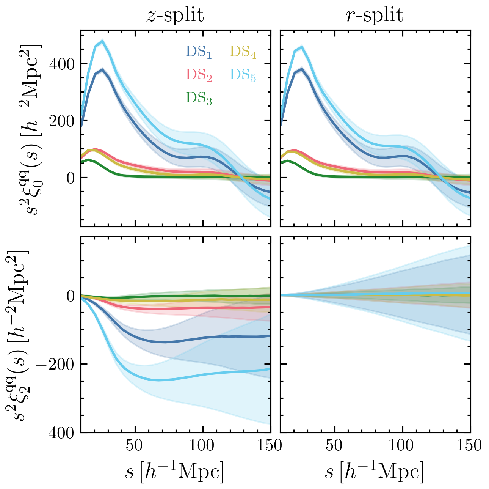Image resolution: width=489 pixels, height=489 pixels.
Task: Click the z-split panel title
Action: tap(175, 16)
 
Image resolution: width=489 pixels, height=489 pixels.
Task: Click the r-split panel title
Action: tap(375, 16)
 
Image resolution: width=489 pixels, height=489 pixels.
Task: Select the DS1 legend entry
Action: tap(198, 52)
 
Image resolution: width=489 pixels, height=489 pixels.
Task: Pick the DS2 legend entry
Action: tap(199, 75)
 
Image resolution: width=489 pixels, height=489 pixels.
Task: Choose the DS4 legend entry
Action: tap(243, 52)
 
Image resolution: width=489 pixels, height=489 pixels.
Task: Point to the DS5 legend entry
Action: tap(243, 75)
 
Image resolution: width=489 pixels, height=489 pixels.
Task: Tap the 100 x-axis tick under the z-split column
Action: tap(203, 445)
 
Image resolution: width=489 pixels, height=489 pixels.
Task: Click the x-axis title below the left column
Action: tap(175, 472)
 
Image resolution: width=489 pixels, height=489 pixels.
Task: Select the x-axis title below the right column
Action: tap(375, 472)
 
